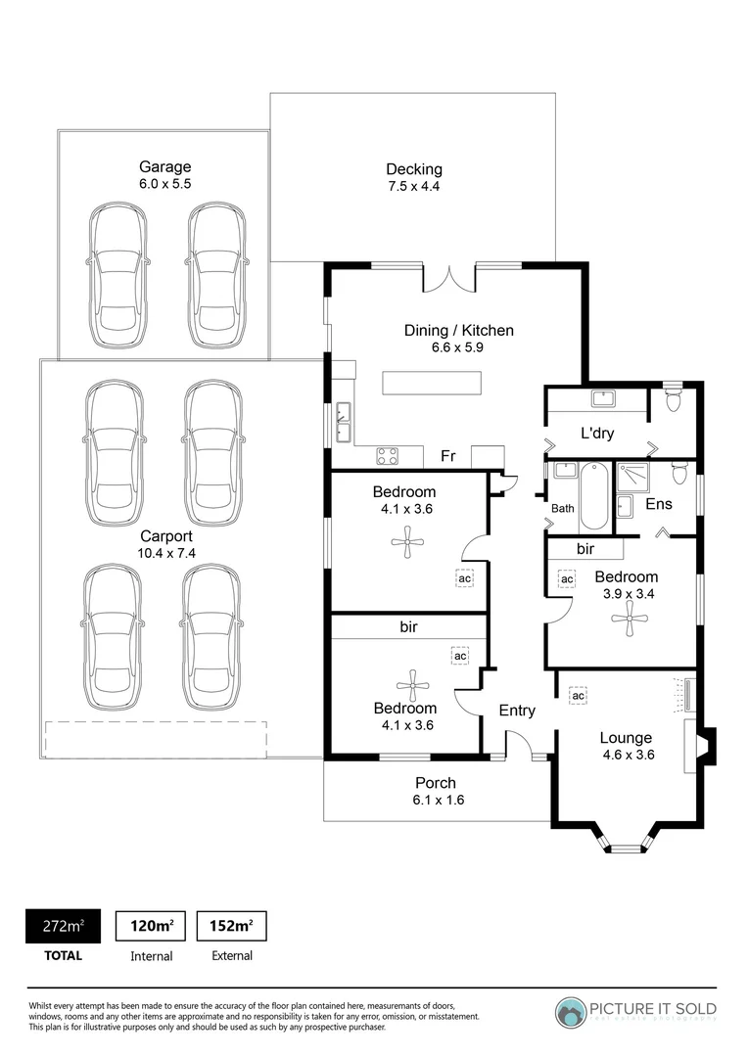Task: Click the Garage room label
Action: click(164, 166)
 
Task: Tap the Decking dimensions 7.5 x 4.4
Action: click(413, 186)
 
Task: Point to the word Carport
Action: click(165, 536)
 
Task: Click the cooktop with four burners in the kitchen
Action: click(388, 456)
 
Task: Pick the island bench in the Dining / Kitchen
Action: click(432, 384)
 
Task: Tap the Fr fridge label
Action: click(448, 456)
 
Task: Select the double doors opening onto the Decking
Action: click(449, 279)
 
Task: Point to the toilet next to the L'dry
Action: click(673, 399)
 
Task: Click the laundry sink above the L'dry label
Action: click(603, 398)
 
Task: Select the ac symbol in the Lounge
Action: click(578, 696)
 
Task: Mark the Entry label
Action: click(517, 711)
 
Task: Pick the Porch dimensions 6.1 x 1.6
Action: click(436, 800)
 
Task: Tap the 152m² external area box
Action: click(231, 925)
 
